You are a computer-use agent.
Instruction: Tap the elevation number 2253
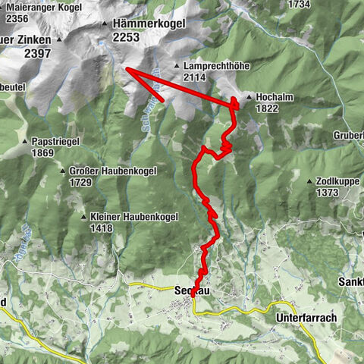[x=125, y=36]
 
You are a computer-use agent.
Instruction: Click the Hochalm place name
[x=274, y=97]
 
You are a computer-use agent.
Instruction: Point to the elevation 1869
[x=42, y=153]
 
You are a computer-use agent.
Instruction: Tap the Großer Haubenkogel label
[x=112, y=171]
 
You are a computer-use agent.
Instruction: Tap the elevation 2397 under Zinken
[x=37, y=53]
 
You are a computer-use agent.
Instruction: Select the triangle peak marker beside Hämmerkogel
[x=105, y=25]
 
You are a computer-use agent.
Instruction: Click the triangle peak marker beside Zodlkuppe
[x=309, y=182]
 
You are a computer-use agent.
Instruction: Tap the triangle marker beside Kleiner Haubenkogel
[x=83, y=217]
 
